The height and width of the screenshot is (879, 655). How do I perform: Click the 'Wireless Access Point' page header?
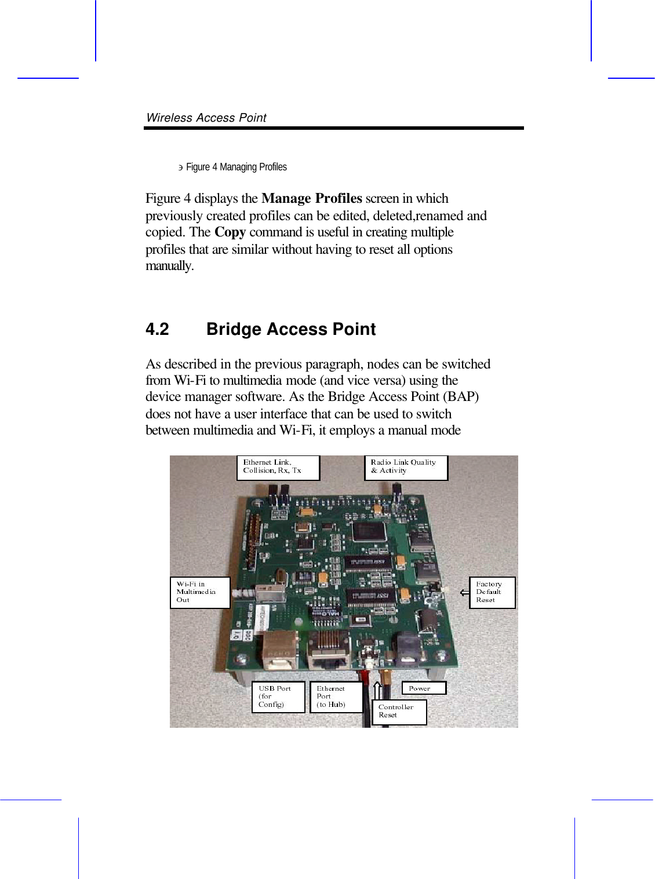click(x=206, y=118)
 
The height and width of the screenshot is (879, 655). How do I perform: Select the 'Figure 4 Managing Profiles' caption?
click(x=236, y=167)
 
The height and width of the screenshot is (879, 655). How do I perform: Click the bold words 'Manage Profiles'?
click(x=311, y=198)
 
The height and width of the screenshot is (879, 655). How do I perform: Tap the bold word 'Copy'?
click(x=230, y=232)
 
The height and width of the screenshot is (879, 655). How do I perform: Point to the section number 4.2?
click(x=157, y=329)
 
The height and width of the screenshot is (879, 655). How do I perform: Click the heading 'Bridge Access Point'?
click(x=291, y=329)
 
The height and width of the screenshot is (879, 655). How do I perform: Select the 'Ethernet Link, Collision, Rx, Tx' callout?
click(x=278, y=468)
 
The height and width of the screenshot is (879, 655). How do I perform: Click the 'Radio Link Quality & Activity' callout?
click(x=406, y=468)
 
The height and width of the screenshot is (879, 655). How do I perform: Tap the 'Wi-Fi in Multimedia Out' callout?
click(x=199, y=592)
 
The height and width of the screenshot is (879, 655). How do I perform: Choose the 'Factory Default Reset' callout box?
click(x=492, y=592)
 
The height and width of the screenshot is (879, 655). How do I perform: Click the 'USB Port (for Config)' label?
click(x=278, y=696)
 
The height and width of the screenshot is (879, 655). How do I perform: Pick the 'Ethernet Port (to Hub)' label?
click(x=336, y=696)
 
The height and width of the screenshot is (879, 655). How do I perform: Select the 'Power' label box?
click(x=424, y=688)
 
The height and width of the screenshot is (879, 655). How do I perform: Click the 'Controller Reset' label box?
click(x=402, y=712)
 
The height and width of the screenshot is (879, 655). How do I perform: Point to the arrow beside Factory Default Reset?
click(x=464, y=592)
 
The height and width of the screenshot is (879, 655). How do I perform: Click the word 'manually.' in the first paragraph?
click(x=169, y=266)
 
